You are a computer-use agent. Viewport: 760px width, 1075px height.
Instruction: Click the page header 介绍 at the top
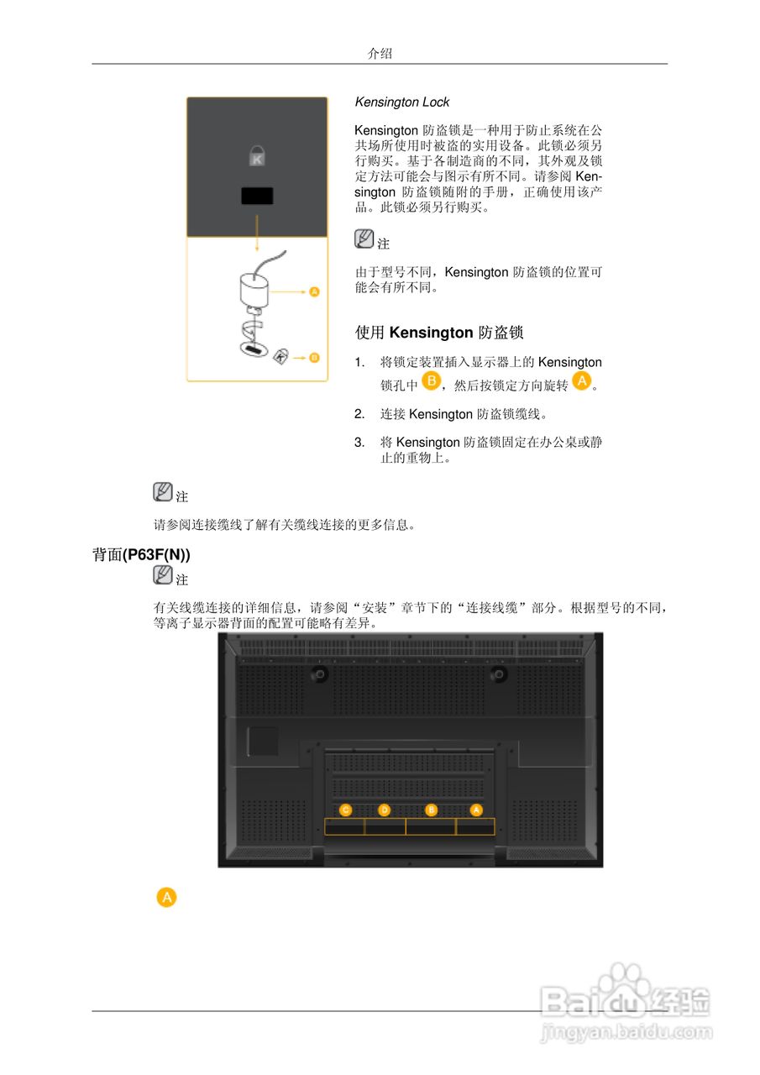click(x=380, y=54)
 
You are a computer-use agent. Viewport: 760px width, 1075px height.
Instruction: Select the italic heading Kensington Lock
click(x=402, y=102)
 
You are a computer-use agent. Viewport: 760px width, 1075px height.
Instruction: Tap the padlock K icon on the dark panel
click(x=257, y=155)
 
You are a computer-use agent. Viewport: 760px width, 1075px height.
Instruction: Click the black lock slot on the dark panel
click(x=257, y=196)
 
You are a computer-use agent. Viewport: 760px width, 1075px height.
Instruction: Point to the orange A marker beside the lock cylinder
click(x=314, y=291)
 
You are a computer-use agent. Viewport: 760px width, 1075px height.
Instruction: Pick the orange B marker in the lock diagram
click(x=314, y=357)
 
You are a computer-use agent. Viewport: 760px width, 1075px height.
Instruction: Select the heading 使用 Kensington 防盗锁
click(x=439, y=333)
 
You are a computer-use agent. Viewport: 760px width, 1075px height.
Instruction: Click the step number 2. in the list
click(x=359, y=414)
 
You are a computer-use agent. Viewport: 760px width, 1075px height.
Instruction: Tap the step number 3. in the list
click(x=359, y=442)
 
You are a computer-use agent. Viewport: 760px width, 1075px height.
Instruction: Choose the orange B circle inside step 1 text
click(x=431, y=382)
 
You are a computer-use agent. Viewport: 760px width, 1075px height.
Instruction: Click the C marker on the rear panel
click(x=345, y=810)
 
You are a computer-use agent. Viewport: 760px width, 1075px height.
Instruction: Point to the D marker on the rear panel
click(x=385, y=810)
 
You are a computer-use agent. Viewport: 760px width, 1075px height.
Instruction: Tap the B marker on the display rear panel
click(x=432, y=810)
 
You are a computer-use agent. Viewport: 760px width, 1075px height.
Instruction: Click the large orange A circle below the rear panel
click(x=167, y=897)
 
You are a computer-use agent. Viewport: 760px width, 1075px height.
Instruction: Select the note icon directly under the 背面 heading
click(x=163, y=575)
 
